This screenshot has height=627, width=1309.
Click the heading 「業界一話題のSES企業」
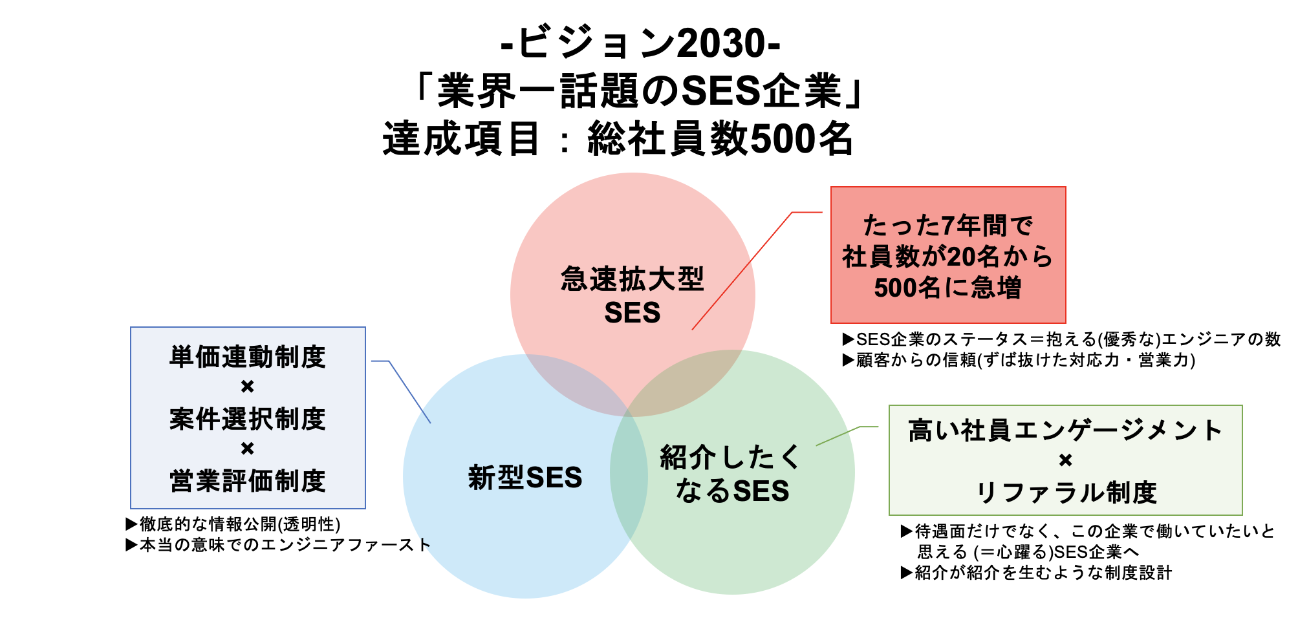point(640,90)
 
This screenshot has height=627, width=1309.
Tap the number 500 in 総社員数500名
point(782,138)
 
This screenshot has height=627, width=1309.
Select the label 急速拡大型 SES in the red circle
point(632,295)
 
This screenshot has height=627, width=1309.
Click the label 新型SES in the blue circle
point(525,478)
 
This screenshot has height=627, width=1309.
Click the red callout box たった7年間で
point(948,255)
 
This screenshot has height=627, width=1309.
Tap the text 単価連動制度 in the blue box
point(248,357)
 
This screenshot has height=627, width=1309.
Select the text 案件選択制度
point(248,419)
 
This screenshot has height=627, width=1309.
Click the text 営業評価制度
point(248,481)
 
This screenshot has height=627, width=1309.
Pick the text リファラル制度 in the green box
point(1066,493)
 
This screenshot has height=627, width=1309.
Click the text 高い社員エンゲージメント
point(1066,430)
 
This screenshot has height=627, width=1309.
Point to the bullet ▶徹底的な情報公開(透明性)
point(233,524)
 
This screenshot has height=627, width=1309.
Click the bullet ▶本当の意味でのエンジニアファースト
point(278,545)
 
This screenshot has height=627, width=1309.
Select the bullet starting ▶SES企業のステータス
point(1061,339)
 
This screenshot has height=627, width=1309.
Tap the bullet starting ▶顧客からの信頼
point(1019,360)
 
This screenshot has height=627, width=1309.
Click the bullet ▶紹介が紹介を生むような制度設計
point(1036,573)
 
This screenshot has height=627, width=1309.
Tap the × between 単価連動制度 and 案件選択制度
point(248,387)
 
